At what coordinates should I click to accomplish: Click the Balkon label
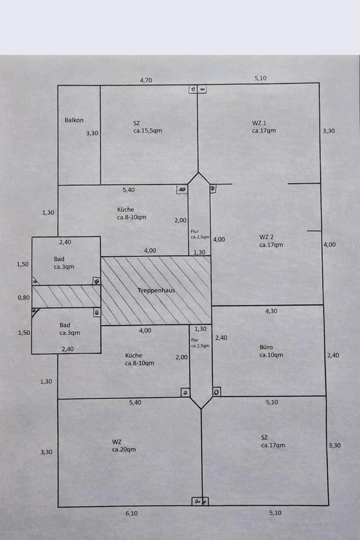pyautogui.click(x=74, y=120)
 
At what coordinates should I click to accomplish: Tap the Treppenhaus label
pyautogui.click(x=155, y=290)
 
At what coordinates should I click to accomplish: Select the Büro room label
pyautogui.click(x=266, y=347)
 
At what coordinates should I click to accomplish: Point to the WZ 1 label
pyautogui.click(x=259, y=123)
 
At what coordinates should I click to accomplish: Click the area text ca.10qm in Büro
pyautogui.click(x=271, y=355)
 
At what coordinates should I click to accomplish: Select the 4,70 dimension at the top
pyautogui.click(x=146, y=80)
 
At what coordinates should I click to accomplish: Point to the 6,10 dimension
pyautogui.click(x=130, y=513)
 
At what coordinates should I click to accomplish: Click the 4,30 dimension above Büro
pyautogui.click(x=271, y=310)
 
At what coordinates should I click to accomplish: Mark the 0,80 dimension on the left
pyautogui.click(x=22, y=297)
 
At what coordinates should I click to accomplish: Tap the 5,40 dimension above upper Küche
pyautogui.click(x=129, y=190)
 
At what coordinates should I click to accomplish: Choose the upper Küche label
pyautogui.click(x=125, y=209)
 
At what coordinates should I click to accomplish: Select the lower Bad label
pyautogui.click(x=65, y=325)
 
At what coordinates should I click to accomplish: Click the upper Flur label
pyautogui.click(x=195, y=231)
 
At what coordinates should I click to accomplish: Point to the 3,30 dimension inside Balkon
pyautogui.click(x=91, y=133)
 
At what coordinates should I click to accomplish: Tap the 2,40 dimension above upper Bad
pyautogui.click(x=65, y=242)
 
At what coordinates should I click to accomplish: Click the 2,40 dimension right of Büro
pyautogui.click(x=333, y=355)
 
